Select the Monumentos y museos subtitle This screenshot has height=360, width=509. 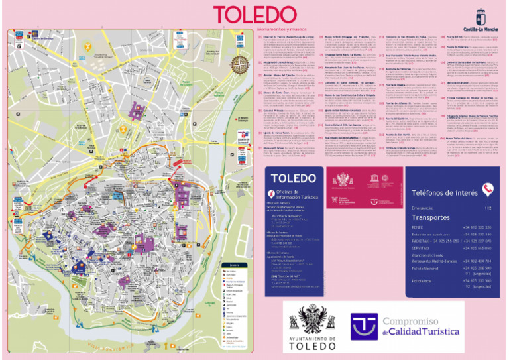280,29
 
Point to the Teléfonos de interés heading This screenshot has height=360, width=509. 445,192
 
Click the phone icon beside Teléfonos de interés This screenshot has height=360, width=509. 488,190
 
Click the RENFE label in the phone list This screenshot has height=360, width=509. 418,227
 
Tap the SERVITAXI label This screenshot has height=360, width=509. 422,247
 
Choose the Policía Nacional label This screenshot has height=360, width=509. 425,269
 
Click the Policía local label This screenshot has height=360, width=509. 422,282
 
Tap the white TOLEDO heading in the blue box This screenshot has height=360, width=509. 294,178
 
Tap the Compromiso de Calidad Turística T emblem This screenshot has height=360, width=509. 365,325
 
